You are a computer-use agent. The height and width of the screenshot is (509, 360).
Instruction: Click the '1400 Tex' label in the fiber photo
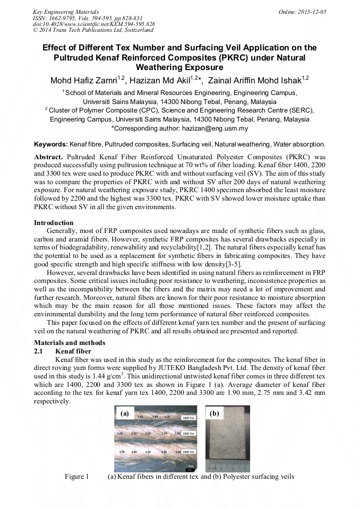188,418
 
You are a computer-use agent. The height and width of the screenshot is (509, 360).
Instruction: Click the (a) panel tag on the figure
125,413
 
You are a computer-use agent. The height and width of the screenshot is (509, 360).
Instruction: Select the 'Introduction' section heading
54,223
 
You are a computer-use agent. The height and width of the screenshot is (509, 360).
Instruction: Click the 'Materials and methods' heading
69,343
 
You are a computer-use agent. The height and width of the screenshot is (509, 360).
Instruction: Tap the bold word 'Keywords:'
51,144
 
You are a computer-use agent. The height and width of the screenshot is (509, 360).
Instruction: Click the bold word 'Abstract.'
48,158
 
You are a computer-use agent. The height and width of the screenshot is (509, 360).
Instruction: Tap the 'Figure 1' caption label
76,477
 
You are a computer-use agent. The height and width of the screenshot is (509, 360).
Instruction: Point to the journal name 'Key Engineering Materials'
65,11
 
